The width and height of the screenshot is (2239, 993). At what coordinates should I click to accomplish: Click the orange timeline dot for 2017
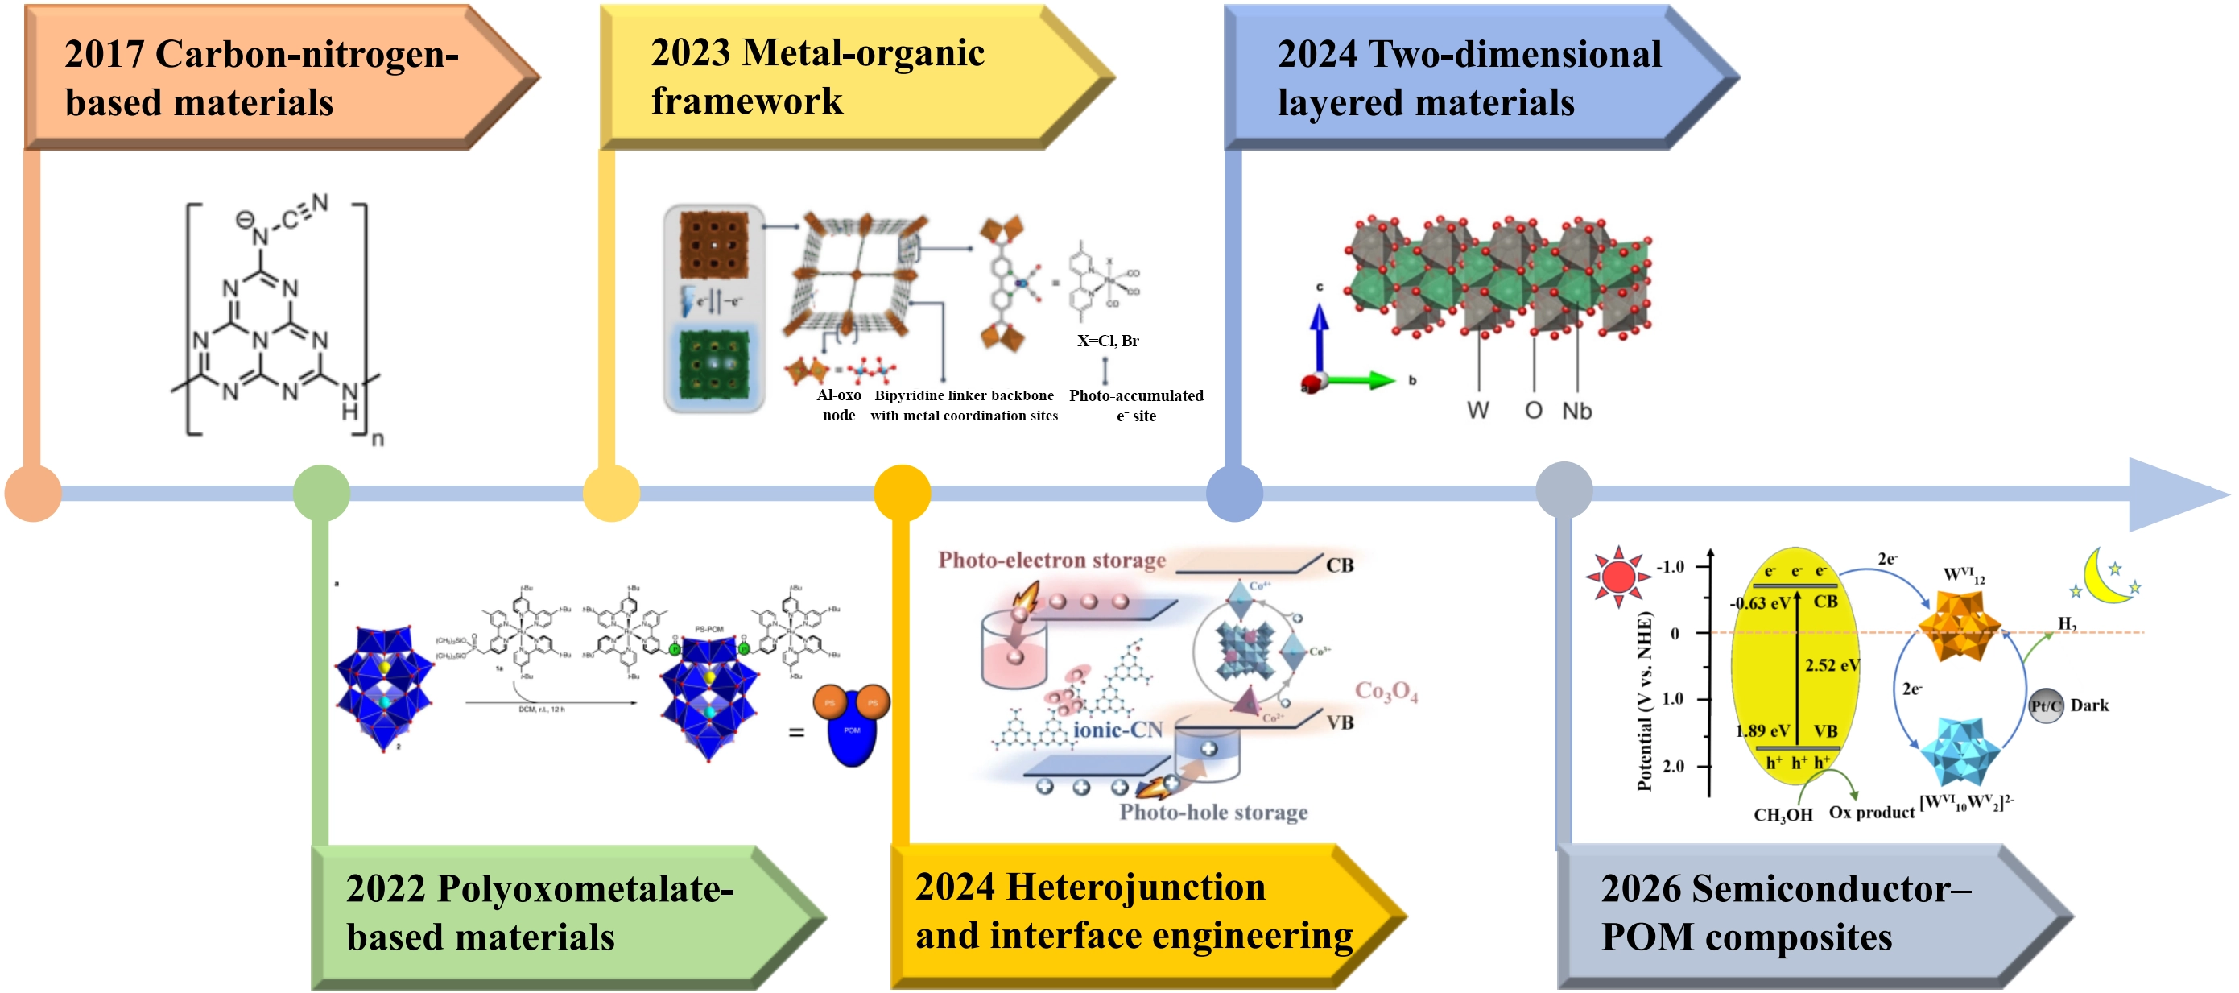(33, 493)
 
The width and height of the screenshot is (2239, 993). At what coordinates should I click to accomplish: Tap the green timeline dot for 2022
(321, 493)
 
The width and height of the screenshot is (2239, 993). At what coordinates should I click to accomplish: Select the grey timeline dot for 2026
(1564, 490)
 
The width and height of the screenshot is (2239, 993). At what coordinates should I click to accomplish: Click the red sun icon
(1617, 577)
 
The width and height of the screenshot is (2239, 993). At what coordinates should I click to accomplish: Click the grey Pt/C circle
(2046, 705)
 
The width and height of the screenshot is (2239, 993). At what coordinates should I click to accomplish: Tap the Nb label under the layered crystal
(1576, 411)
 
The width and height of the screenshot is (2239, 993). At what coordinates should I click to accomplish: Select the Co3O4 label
(1386, 691)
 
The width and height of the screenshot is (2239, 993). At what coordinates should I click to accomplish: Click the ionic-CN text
(1117, 730)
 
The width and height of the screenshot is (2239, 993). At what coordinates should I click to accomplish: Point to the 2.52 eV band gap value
(1832, 665)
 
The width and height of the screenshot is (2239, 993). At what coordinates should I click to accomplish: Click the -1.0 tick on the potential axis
(1670, 567)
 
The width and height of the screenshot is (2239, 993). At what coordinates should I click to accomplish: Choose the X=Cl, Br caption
(1107, 341)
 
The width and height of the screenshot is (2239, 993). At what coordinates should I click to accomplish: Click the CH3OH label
(1783, 815)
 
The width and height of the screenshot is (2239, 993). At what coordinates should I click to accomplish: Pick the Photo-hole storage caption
(1213, 812)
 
